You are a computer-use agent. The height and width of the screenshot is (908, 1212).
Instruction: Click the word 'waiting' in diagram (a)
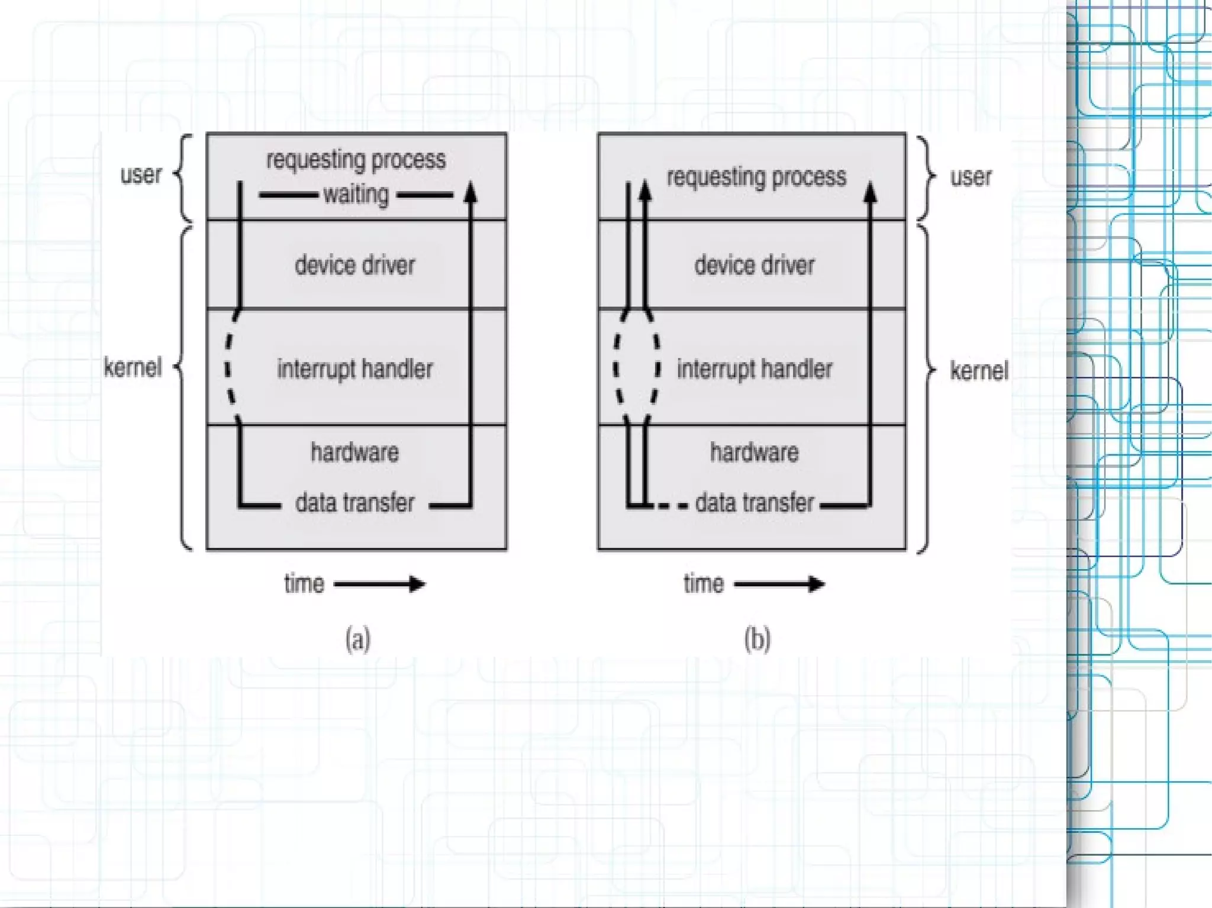[356, 195]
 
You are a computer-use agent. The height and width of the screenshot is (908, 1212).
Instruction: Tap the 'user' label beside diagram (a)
[141, 175]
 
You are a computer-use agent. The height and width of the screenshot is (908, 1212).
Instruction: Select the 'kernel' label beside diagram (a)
[133, 367]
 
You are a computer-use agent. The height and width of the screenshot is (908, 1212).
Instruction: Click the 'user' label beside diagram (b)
[971, 177]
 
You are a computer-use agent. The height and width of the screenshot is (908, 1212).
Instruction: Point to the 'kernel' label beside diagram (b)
[979, 371]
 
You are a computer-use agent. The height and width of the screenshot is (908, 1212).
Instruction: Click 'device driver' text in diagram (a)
[355, 265]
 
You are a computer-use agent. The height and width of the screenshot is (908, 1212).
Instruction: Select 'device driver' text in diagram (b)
[755, 265]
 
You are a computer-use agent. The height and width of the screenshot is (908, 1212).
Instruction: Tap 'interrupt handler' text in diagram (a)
[355, 369]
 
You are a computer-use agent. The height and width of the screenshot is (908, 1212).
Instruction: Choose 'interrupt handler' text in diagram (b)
[755, 369]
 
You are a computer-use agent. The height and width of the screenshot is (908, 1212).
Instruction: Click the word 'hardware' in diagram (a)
[355, 453]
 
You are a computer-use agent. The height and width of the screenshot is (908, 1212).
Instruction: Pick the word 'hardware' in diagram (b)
[755, 453]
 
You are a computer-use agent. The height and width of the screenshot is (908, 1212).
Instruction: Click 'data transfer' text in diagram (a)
[355, 503]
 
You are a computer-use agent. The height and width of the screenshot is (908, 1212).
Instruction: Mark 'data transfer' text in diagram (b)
[755, 503]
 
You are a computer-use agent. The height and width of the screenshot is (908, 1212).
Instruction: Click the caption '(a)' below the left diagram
[358, 639]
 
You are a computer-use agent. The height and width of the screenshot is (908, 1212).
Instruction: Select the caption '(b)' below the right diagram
[757, 639]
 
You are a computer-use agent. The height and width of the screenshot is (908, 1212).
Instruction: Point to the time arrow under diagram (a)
[379, 584]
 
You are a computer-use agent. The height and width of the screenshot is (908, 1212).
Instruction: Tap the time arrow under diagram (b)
[779, 584]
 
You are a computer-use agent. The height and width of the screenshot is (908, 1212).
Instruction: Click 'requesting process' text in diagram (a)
[356, 160]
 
